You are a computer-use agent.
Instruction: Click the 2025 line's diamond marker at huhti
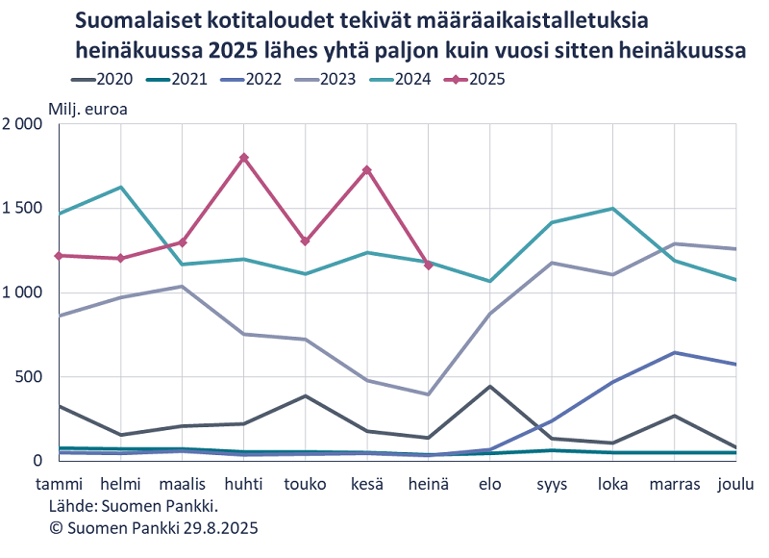[x=244, y=158]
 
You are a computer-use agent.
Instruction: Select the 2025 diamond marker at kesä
[x=367, y=170]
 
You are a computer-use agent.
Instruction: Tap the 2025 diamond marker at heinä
[x=429, y=265]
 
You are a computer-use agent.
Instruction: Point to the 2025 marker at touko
[x=306, y=241]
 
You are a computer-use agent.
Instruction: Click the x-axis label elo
[x=490, y=484]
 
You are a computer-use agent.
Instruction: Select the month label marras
[x=674, y=484]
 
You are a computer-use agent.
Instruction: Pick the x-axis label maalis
[x=182, y=484]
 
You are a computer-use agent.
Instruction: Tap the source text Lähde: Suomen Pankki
[x=134, y=505]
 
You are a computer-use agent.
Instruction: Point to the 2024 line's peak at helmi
[x=121, y=187]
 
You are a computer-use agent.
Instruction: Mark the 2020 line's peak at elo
[x=490, y=387]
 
